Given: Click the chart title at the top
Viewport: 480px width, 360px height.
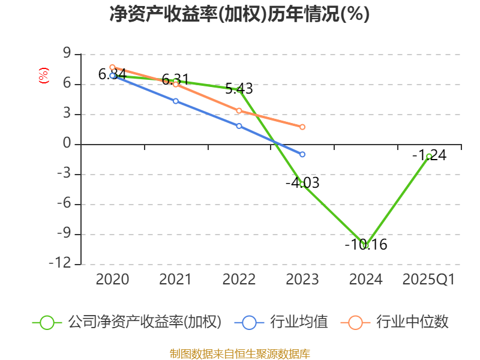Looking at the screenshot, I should (239, 14).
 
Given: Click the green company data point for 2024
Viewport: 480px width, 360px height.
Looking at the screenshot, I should (365, 245).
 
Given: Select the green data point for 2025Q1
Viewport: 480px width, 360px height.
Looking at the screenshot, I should (429, 156).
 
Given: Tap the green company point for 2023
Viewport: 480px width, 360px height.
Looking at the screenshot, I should (302, 184).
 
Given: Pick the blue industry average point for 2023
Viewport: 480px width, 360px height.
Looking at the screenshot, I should (302, 154).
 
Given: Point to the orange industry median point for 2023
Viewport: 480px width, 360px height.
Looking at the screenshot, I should (302, 127).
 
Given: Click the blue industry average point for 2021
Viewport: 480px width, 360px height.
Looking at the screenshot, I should (176, 101).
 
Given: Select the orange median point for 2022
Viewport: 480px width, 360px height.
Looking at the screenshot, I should (239, 110).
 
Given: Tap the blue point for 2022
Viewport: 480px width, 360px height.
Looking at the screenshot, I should (239, 126).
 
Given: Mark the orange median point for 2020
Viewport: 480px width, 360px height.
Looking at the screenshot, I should (112, 67).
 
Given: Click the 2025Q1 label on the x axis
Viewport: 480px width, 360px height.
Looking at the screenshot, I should (429, 280).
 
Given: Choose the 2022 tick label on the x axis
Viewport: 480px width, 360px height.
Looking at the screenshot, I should (239, 280).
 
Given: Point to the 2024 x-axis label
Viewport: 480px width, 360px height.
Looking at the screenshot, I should (365, 280).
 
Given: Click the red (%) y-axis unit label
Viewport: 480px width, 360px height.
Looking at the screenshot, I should (43, 76).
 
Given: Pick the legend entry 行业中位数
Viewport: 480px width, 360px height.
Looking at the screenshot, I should (412, 322).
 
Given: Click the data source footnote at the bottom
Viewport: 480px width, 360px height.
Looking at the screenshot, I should (239, 353).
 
